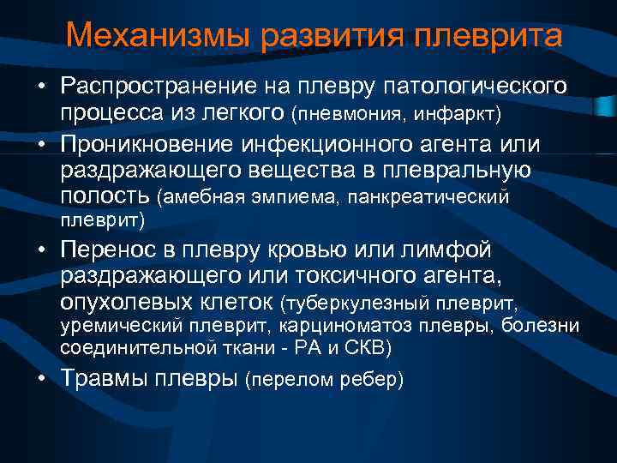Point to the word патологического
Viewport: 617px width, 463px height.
473,86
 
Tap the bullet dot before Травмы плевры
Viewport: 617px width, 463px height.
42,380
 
